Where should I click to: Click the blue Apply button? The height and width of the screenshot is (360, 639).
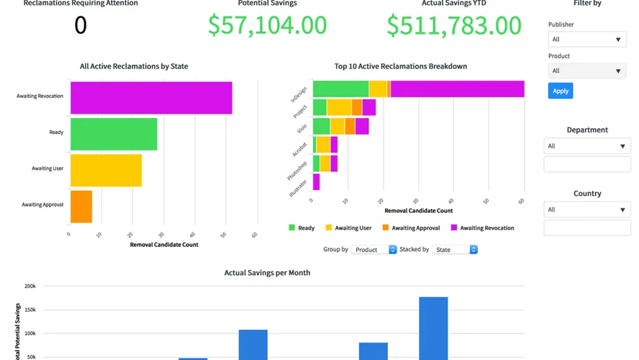(561, 91)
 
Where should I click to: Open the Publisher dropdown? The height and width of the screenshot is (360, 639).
(586, 40)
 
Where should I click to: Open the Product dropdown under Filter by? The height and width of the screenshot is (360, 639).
(586, 71)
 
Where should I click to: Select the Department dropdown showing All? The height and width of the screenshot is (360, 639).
(586, 146)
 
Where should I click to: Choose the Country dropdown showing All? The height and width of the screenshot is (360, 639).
(586, 210)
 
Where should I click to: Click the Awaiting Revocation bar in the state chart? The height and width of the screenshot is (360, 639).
(151, 97)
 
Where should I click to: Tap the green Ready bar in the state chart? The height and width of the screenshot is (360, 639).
(114, 134)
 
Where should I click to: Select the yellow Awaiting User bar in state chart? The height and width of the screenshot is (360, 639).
(106, 170)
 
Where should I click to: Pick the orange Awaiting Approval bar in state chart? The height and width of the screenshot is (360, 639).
(81, 206)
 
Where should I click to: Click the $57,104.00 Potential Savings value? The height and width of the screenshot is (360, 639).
(267, 25)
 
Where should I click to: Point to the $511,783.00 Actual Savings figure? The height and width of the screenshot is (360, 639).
(454, 25)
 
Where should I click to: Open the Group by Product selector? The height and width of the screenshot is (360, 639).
(373, 250)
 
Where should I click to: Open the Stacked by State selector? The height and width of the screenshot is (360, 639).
(454, 250)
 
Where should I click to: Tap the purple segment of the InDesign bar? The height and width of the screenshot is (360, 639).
(457, 89)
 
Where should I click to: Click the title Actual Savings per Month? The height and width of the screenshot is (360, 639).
(267, 273)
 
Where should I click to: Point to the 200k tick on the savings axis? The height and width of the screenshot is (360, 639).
(30, 287)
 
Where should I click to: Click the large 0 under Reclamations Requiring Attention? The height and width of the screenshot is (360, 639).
(81, 25)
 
